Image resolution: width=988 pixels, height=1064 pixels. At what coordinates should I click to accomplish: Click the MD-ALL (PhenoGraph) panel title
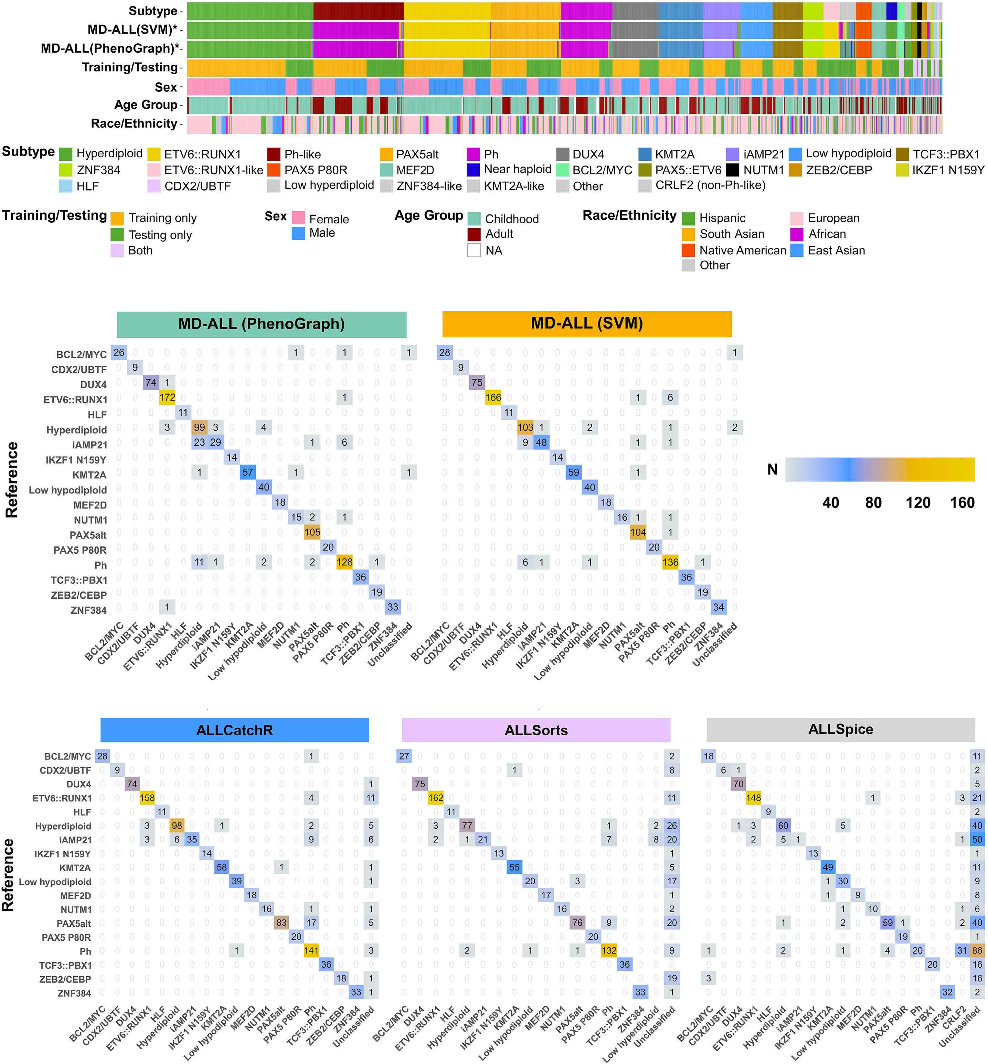tap(262, 324)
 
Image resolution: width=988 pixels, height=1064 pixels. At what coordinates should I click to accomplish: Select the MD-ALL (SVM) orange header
tap(586, 323)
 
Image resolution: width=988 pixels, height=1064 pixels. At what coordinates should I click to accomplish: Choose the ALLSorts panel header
tap(536, 730)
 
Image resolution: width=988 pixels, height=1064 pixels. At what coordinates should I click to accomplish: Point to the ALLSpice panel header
tap(840, 729)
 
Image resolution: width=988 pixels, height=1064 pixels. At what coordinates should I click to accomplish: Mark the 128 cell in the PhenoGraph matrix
tap(344, 562)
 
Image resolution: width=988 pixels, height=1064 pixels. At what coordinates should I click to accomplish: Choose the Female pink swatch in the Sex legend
tap(298, 217)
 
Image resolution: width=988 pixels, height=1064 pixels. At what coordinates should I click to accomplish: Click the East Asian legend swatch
tap(797, 250)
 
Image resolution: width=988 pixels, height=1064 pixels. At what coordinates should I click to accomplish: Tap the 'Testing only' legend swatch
tap(117, 235)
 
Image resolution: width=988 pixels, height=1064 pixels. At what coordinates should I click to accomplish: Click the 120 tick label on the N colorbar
tap(918, 503)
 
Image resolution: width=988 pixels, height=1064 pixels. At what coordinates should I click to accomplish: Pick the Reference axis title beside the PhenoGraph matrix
tap(12, 480)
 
